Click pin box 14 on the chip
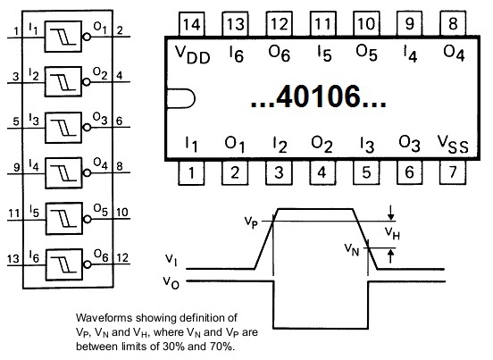(x=191, y=24)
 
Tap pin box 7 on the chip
(x=453, y=172)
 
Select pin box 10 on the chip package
(x=366, y=24)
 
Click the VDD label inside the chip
(x=192, y=54)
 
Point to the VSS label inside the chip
(x=453, y=145)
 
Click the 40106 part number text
(x=318, y=96)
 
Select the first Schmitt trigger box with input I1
(x=63, y=37)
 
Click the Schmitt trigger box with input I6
(x=64, y=264)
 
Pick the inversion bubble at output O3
(x=87, y=128)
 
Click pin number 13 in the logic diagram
(x=13, y=259)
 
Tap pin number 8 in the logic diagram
(x=120, y=166)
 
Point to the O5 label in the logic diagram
(x=100, y=210)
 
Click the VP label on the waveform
(x=251, y=222)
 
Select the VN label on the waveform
(x=352, y=249)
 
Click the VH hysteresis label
(x=392, y=233)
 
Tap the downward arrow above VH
(x=390, y=213)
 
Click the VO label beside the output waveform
(x=171, y=282)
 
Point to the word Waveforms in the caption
(x=104, y=317)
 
